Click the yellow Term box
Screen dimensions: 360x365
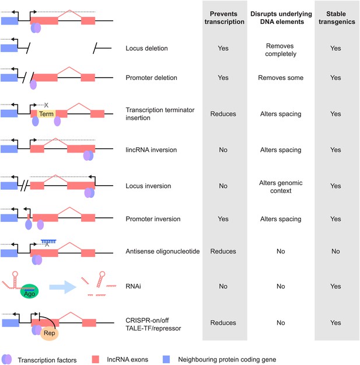[46, 114]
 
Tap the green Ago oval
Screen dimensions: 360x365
[29, 291]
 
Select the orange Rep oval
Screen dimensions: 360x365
[49, 333]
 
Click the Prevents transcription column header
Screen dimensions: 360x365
[224, 18]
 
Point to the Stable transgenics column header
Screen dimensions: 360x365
[337, 18]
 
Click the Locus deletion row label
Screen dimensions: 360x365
[146, 48]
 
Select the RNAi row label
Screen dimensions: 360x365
[133, 286]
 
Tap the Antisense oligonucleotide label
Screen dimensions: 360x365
[163, 251]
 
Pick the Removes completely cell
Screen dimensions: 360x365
[281, 50]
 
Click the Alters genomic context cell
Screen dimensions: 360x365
[281, 187]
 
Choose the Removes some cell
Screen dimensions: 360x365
[281, 78]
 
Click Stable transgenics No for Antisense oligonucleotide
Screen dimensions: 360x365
[335, 251]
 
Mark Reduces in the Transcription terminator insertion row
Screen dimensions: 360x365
[223, 114]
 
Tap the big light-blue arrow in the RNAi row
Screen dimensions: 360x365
[63, 287]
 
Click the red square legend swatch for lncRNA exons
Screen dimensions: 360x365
[96, 359]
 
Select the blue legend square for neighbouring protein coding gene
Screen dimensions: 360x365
[166, 359]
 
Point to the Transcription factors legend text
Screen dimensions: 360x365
[47, 360]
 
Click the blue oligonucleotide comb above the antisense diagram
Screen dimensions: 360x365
[48, 241]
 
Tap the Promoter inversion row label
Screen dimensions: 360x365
[153, 219]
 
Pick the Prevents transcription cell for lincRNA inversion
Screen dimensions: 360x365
[223, 150]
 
